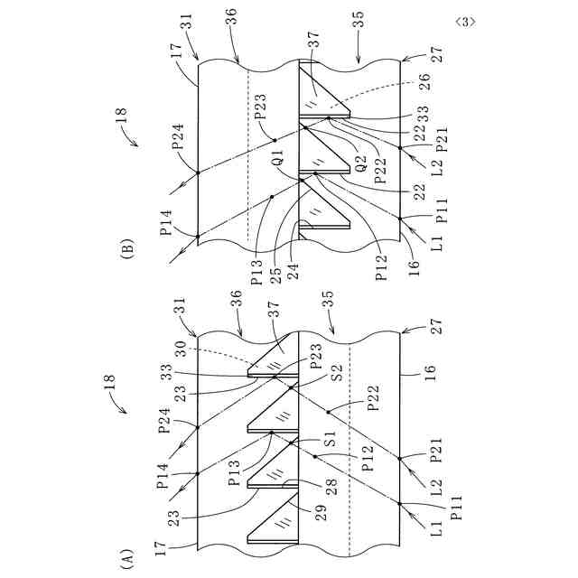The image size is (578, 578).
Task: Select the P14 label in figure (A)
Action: point(173,473)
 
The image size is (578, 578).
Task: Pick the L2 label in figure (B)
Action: point(436,160)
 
